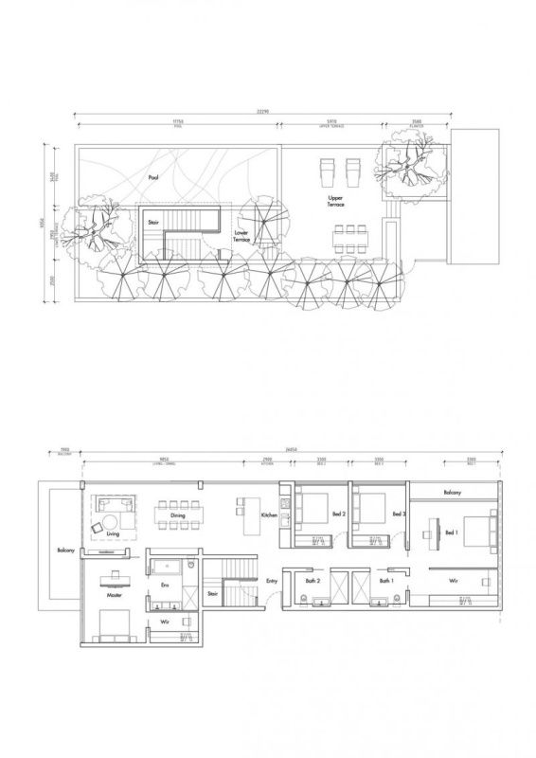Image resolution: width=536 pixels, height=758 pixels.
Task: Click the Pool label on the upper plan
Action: [x=152, y=177]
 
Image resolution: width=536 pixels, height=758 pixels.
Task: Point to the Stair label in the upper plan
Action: [x=153, y=223]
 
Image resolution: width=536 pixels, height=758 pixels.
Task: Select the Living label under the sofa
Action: [x=114, y=534]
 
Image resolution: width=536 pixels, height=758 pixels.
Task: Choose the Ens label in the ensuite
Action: [x=165, y=587]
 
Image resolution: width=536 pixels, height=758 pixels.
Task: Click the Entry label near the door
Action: [x=272, y=581]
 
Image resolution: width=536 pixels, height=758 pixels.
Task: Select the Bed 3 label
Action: [x=399, y=514]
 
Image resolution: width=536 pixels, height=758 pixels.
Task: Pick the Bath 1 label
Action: [x=385, y=581]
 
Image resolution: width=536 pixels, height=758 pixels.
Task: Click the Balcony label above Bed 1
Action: [x=453, y=494]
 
